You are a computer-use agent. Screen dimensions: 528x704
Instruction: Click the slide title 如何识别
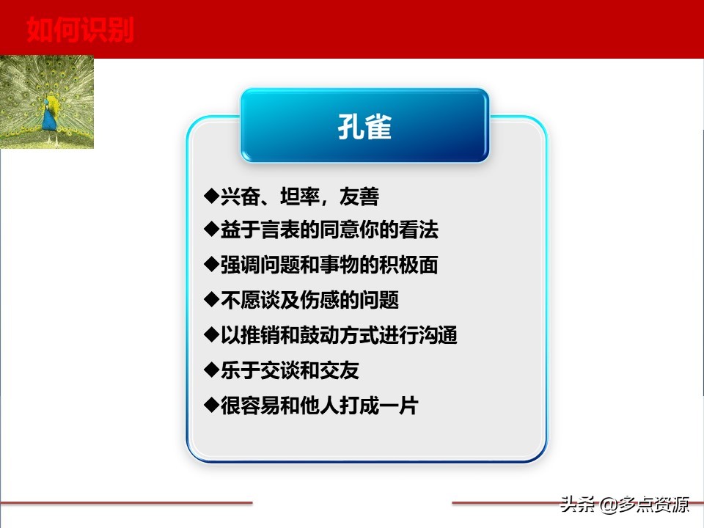[x=80, y=31]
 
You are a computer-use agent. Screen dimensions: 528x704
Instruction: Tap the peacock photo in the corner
[x=47, y=102]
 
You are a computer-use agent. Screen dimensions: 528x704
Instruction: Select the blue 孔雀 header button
[x=364, y=126]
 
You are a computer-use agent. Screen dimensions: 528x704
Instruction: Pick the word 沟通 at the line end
[x=439, y=335]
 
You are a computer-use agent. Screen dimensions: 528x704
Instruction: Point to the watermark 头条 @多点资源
[x=624, y=505]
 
